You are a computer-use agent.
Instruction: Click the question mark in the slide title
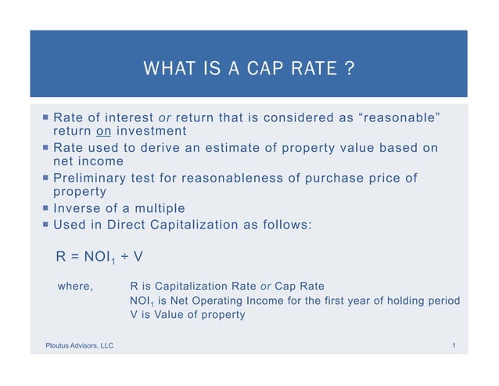pos(350,70)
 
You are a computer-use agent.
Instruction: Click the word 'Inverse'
pos(77,208)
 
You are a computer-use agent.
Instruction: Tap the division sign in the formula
pos(123,256)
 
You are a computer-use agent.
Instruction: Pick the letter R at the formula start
pos(59,256)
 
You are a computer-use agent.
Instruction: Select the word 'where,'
pos(75,286)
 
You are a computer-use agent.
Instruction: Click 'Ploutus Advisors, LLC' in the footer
pos(78,345)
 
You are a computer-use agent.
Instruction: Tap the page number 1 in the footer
pos(454,345)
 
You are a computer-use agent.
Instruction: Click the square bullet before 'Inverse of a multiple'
pos(45,208)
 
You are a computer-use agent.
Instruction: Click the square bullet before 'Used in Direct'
pos(45,224)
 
